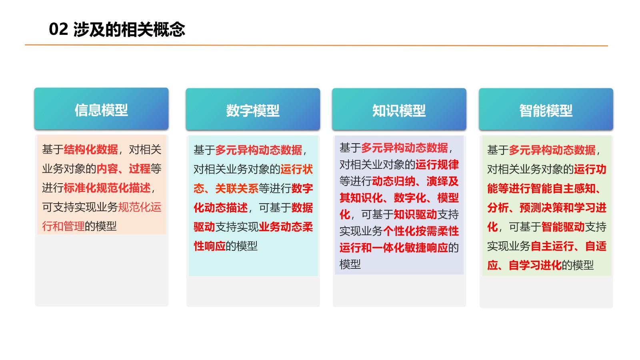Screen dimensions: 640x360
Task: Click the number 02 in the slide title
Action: coord(58,29)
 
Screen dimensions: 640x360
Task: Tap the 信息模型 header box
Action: coord(102,109)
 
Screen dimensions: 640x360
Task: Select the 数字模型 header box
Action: coord(253,109)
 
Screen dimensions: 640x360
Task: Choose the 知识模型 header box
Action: coord(399,109)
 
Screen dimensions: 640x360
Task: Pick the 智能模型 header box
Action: coord(546,109)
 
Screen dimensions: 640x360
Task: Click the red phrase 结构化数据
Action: coord(91,150)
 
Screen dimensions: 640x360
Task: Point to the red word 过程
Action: coord(140,168)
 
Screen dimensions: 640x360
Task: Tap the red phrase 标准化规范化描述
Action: coord(107,188)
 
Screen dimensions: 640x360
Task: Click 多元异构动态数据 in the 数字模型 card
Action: coord(259,150)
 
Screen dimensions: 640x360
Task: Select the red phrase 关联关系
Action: coord(237,188)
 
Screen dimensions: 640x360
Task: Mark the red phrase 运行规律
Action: coord(437,164)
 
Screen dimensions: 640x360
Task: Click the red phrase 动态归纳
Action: coord(394,181)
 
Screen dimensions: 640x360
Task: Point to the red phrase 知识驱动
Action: coord(416,214)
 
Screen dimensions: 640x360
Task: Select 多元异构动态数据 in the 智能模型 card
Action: coord(552,150)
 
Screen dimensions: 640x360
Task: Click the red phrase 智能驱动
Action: coord(563,227)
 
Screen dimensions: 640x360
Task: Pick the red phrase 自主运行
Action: coord(552,246)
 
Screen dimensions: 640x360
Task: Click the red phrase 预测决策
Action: coord(542,208)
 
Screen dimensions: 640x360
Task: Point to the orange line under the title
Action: coord(316,45)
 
